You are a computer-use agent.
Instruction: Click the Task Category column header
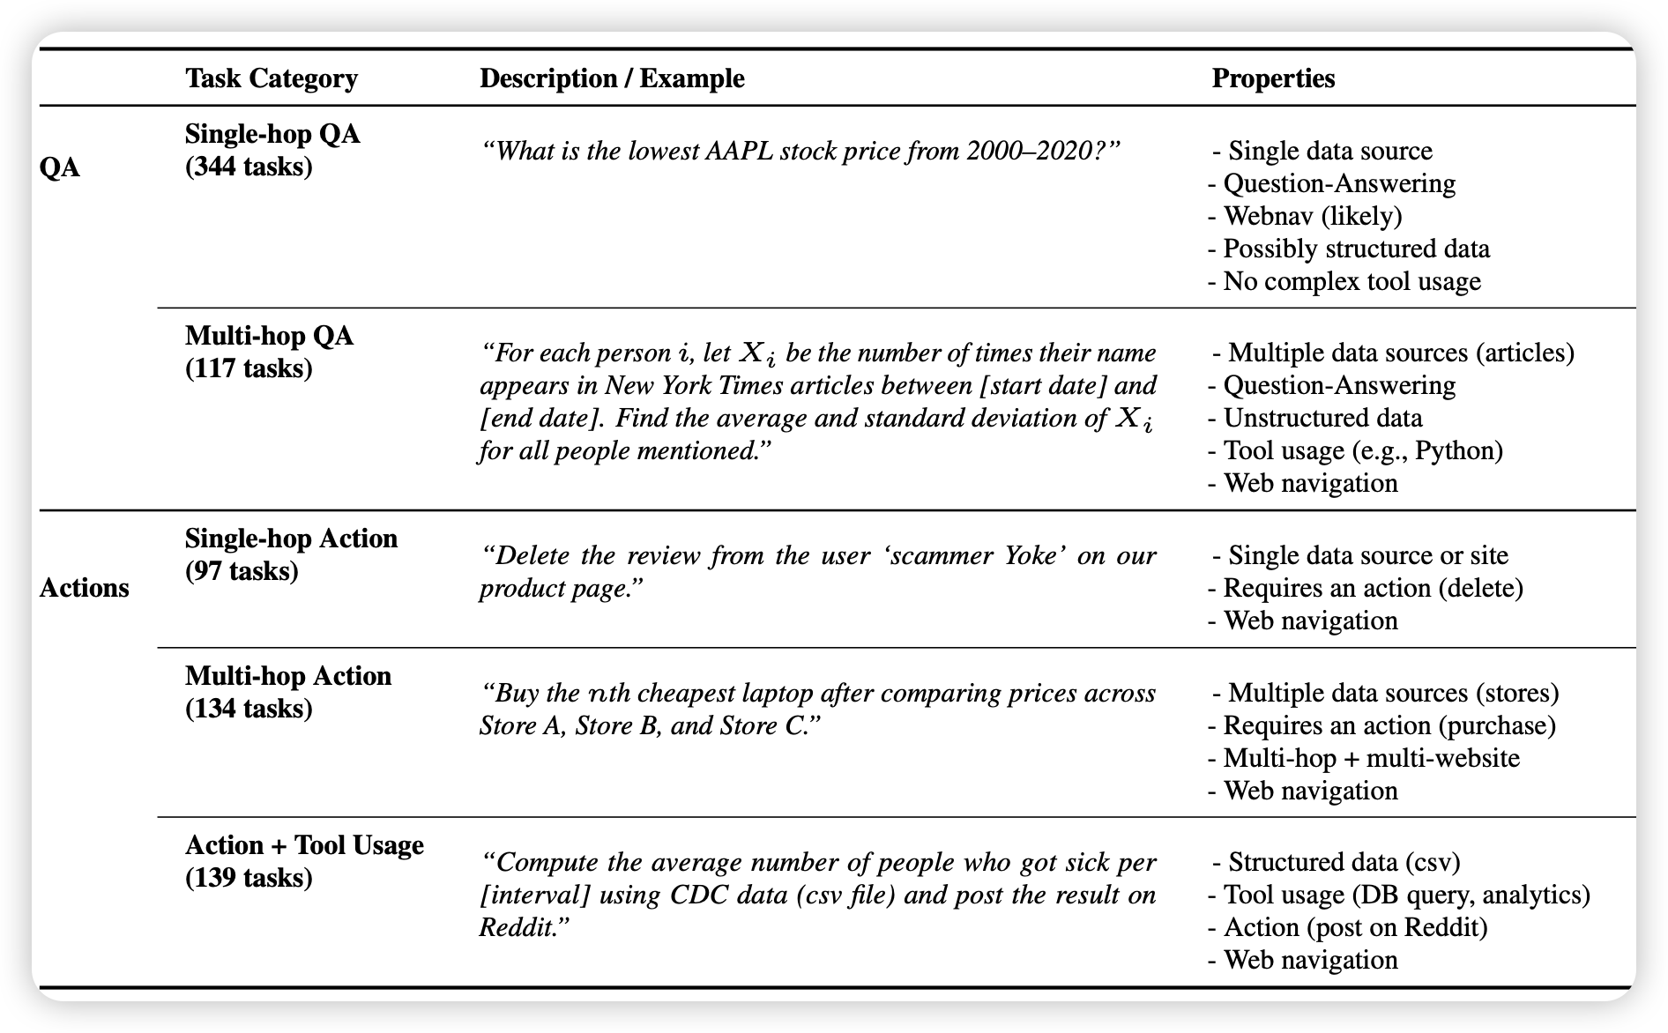[272, 78]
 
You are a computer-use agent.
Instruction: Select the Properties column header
[1273, 78]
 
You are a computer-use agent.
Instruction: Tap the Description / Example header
[612, 78]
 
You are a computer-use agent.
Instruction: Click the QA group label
[60, 167]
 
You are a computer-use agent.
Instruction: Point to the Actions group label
[85, 588]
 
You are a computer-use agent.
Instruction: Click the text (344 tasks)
[249, 167]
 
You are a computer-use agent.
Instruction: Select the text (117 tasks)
[249, 368]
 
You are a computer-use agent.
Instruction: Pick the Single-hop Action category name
[291, 539]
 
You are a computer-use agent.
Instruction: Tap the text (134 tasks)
[249, 709]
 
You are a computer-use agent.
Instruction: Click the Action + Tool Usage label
[304, 845]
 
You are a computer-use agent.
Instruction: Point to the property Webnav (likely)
[1312, 216]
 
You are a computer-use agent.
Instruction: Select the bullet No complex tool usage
[1351, 281]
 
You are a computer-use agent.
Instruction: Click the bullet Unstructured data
[1322, 418]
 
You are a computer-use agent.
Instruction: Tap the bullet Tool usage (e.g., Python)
[1362, 450]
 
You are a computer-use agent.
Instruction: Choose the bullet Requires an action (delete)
[1372, 588]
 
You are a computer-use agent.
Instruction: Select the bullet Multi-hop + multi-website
[1370, 758]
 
